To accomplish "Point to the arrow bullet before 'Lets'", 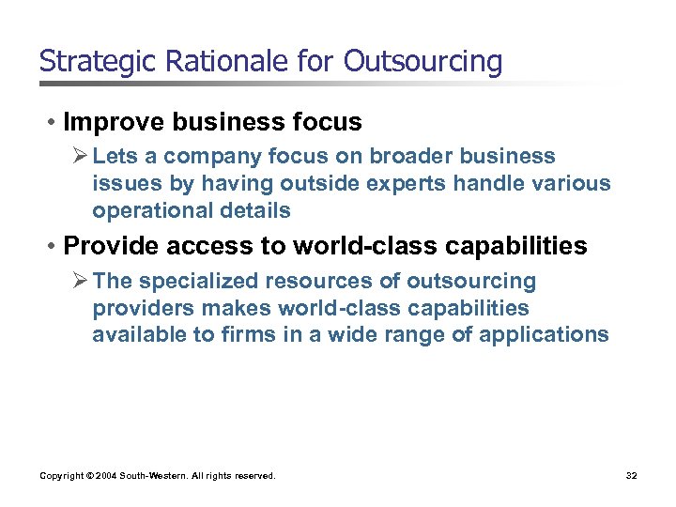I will [x=79, y=156].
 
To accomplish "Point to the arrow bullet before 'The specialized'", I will [x=79, y=281].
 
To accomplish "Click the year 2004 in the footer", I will [x=104, y=476].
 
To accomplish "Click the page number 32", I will [x=631, y=476].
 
